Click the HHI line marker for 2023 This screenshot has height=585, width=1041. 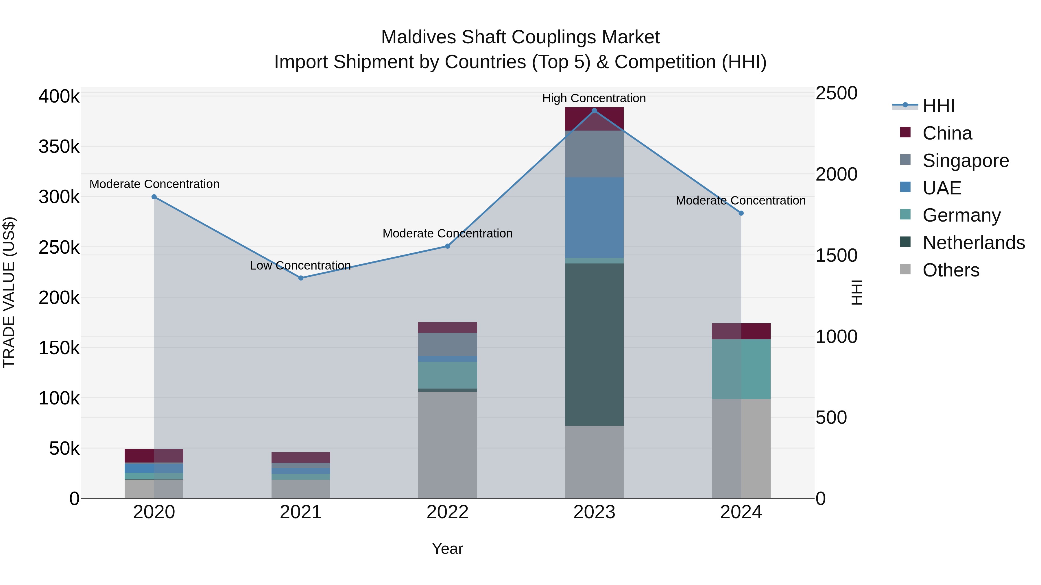(594, 111)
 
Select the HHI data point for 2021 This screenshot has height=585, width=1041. (301, 278)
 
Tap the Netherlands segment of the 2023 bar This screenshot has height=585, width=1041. (594, 344)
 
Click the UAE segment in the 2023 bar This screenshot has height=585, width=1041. (594, 218)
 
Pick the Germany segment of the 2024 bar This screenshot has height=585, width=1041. (741, 369)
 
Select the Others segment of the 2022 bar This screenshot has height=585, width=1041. (447, 445)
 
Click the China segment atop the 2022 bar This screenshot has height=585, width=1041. (447, 327)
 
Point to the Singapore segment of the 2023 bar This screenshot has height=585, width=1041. (594, 154)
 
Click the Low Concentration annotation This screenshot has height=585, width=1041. (300, 266)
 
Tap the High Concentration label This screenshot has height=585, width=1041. (594, 98)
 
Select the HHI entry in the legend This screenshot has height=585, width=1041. (938, 106)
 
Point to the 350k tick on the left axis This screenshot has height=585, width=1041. (59, 147)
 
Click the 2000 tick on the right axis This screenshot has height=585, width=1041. (836, 174)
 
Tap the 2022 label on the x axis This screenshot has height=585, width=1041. (447, 512)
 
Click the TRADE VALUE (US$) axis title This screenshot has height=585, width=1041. (9, 292)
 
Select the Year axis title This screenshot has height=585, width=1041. (447, 549)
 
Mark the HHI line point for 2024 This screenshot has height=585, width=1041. (741, 213)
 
